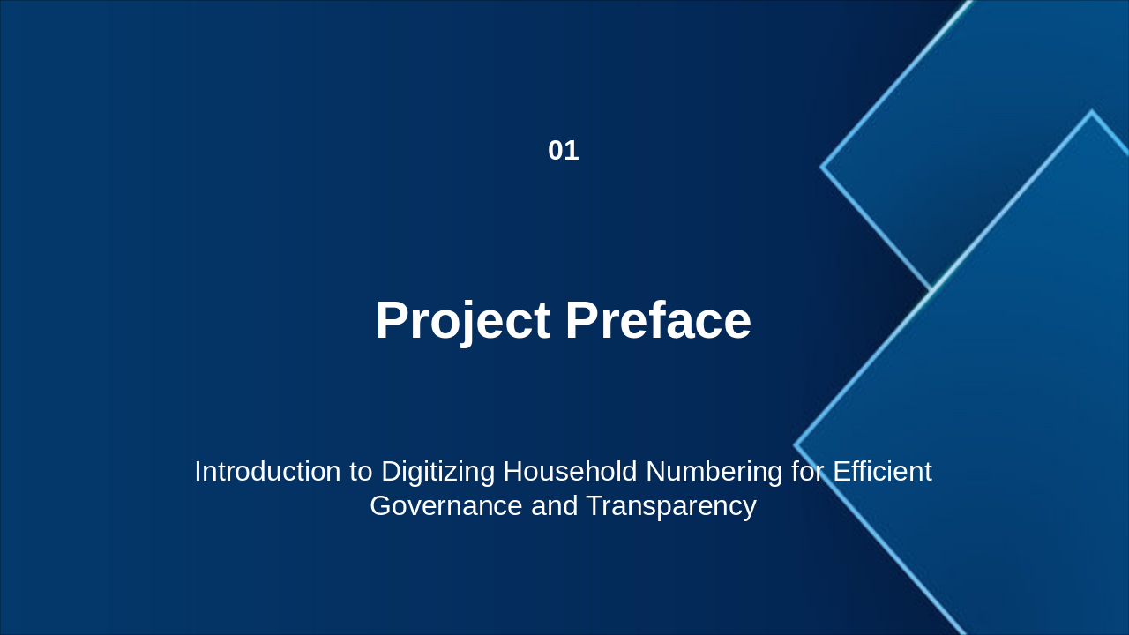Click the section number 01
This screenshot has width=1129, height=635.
pyautogui.click(x=564, y=151)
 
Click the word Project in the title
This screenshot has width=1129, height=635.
pyautogui.click(x=463, y=321)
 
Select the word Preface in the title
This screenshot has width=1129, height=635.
pyautogui.click(x=658, y=320)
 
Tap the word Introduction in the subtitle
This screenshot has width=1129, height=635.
pyautogui.click(x=267, y=472)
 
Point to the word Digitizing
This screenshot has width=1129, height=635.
pyautogui.click(x=438, y=473)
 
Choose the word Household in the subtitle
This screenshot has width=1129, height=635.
pyautogui.click(x=570, y=472)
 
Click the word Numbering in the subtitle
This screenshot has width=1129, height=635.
pyautogui.click(x=714, y=473)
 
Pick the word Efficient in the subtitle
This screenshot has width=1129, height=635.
pyautogui.click(x=882, y=472)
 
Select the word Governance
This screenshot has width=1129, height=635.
pyautogui.click(x=446, y=505)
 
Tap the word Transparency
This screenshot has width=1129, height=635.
pyautogui.click(x=671, y=506)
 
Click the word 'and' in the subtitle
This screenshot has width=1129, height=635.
pyautogui.click(x=555, y=505)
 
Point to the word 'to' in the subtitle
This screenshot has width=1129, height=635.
pyautogui.click(x=361, y=472)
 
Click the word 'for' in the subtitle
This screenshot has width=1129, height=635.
pyautogui.click(x=808, y=472)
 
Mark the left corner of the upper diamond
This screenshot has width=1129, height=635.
pyautogui.click(x=821, y=167)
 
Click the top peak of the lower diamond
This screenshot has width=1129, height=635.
pyautogui.click(x=1092, y=111)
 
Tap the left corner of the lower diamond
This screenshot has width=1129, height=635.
pyautogui.click(x=795, y=445)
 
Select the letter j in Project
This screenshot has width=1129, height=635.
pyautogui.click(x=468, y=324)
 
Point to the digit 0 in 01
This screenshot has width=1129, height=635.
pyautogui.click(x=556, y=151)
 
